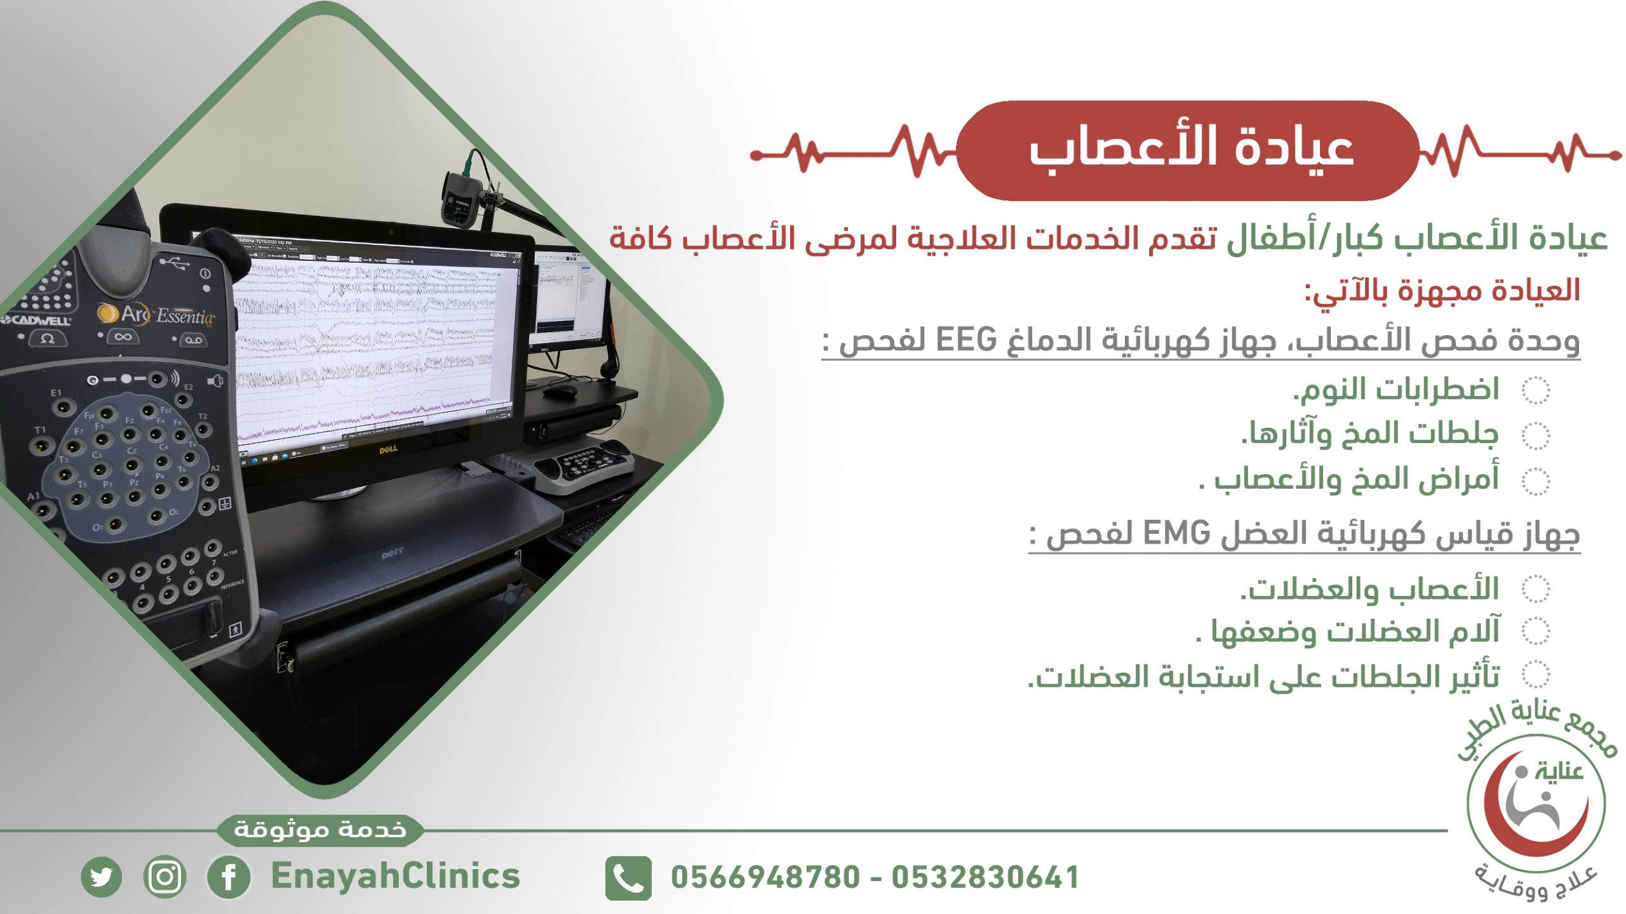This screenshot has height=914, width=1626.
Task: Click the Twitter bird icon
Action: coord(102,877)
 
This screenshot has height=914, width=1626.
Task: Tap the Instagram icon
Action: coord(165,877)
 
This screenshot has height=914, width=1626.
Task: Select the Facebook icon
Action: coord(229,877)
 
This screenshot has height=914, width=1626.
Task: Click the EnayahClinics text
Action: coord(395,877)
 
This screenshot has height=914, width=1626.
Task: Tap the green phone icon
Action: coord(628,878)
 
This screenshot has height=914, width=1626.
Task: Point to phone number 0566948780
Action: coord(765,878)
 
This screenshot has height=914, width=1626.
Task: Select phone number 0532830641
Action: coord(985,878)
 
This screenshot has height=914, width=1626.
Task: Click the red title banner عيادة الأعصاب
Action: coord(1188,151)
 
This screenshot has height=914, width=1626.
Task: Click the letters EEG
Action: coord(966,340)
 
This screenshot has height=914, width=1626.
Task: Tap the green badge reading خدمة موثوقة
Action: coord(320,830)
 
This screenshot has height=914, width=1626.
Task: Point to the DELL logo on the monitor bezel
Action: coord(388,449)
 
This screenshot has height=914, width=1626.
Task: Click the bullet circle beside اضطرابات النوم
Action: coord(1536,390)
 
